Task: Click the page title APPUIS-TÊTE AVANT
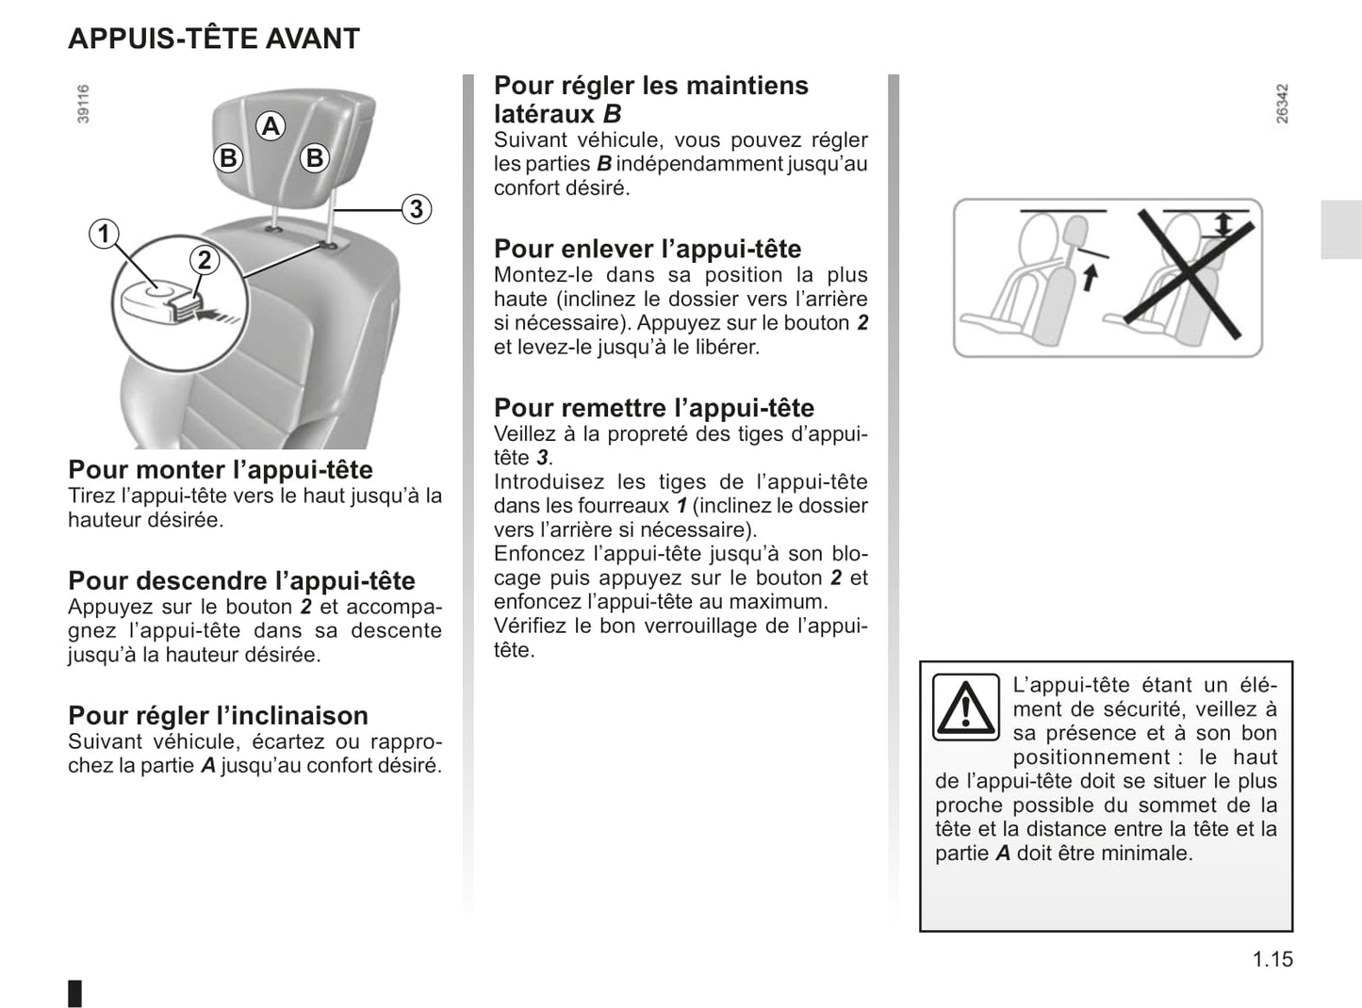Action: tap(214, 38)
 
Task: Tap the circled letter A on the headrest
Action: tap(271, 126)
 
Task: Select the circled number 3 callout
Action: tap(417, 209)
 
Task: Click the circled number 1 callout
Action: tap(104, 234)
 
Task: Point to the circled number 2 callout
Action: tap(204, 260)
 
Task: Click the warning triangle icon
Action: tap(966, 707)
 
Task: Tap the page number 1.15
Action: tap(1272, 959)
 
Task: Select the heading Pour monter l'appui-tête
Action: tap(221, 470)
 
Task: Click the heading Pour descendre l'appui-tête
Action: tap(242, 580)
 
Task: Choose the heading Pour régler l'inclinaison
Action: tap(218, 716)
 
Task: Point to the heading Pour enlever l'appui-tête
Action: tap(648, 250)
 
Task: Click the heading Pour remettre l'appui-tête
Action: tap(654, 408)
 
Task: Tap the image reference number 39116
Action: tap(83, 104)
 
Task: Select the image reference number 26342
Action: tap(1282, 104)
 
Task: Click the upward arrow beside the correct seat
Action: tap(1090, 277)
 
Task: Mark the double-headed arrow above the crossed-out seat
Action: tap(1223, 224)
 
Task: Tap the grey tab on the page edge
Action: tap(1341, 230)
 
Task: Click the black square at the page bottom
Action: tap(74, 993)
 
